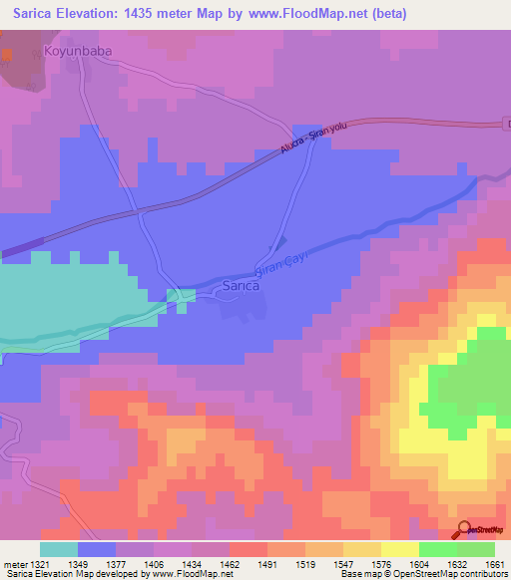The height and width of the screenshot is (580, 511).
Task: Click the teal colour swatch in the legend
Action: tap(59, 549)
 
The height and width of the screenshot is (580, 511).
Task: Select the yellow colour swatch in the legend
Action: tap(399, 549)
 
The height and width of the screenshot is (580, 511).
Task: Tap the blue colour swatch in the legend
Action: tap(97, 549)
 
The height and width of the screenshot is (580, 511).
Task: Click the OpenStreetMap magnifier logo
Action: tap(465, 529)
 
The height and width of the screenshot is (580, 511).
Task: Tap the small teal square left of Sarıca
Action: tap(181, 296)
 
